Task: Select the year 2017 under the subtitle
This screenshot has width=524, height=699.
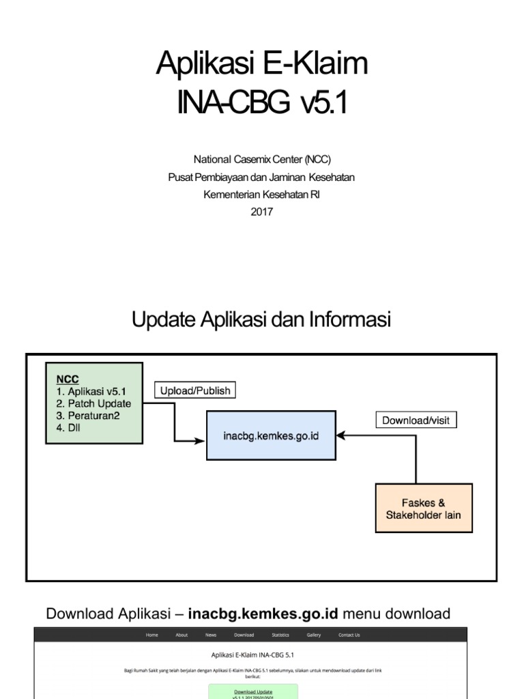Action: (261, 212)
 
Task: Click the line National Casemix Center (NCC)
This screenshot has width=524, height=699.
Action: (261, 160)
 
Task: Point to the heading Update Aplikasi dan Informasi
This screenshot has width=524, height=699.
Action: (261, 319)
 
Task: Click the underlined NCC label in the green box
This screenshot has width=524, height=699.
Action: (67, 379)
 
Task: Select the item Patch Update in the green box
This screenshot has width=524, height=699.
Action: (93, 403)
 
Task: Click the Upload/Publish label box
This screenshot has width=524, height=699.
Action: (195, 390)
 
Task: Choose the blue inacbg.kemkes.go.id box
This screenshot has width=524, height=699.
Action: (271, 435)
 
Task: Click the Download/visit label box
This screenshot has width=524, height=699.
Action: (416, 420)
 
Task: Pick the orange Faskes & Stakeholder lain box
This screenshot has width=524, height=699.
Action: (424, 509)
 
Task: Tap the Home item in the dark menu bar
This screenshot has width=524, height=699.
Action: (151, 635)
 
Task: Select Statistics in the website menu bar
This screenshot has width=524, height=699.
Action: (280, 635)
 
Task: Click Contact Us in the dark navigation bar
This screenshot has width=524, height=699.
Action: (349, 635)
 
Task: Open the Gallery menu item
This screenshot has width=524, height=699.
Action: (314, 635)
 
